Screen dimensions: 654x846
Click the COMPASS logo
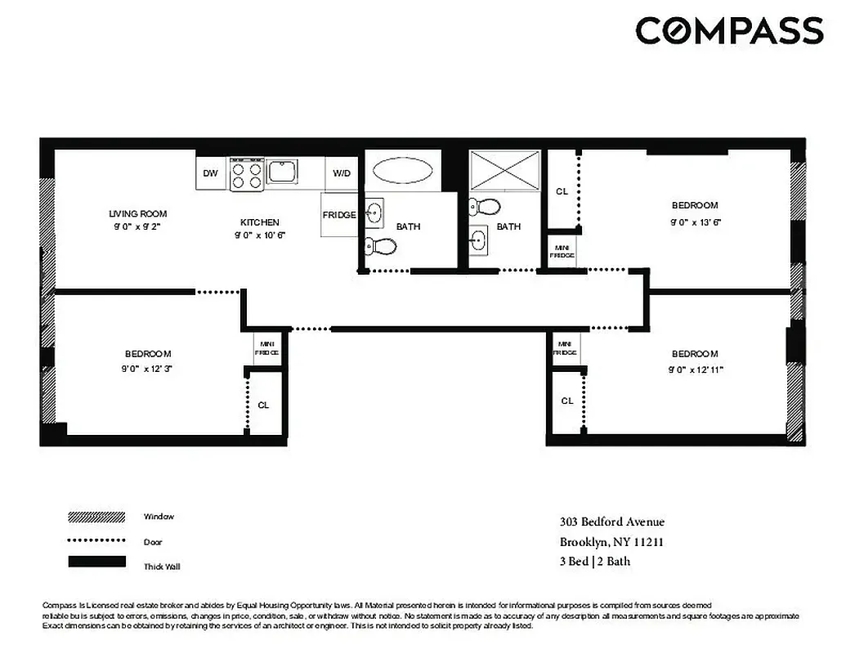click(729, 31)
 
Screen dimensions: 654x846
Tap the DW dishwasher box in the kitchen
click(211, 173)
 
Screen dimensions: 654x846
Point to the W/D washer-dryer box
click(341, 173)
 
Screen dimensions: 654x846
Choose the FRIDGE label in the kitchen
click(338, 215)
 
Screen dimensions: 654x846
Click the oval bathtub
click(403, 172)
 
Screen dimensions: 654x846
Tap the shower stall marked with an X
click(504, 172)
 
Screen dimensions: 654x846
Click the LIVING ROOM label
click(137, 214)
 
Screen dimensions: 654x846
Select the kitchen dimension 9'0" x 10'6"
click(260, 235)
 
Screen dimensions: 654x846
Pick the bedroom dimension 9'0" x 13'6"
click(696, 222)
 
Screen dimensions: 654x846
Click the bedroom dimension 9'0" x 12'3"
click(148, 369)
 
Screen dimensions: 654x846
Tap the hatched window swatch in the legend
click(96, 517)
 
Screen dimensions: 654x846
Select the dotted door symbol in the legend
click(96, 540)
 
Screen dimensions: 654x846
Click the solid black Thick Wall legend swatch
click(96, 562)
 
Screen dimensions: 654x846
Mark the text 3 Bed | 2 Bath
click(595, 562)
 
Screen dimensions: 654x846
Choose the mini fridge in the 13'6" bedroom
click(562, 251)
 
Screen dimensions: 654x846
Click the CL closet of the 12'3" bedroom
click(263, 405)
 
